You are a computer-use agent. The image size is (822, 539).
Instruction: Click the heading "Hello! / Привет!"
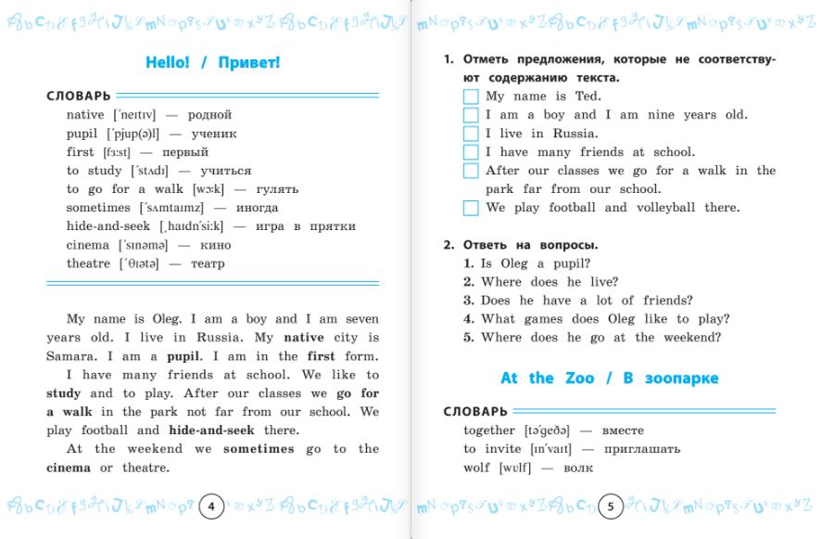pyautogui.click(x=212, y=63)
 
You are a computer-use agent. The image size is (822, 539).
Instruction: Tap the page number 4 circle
pyautogui.click(x=211, y=507)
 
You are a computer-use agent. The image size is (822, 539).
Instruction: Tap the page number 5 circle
pyautogui.click(x=610, y=507)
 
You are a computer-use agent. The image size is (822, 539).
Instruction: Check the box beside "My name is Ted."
pyautogui.click(x=471, y=96)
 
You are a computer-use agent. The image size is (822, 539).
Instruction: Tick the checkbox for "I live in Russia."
pyautogui.click(x=471, y=134)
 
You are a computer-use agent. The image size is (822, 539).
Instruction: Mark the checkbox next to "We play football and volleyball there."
pyautogui.click(x=471, y=208)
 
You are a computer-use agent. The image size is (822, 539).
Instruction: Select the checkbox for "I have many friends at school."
pyautogui.click(x=471, y=152)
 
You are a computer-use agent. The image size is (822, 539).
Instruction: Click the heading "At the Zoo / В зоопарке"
pyautogui.click(x=609, y=379)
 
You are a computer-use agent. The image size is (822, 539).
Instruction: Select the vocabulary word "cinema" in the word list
pyautogui.click(x=88, y=245)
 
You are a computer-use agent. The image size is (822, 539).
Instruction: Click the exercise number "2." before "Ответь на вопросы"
pyautogui.click(x=449, y=245)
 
